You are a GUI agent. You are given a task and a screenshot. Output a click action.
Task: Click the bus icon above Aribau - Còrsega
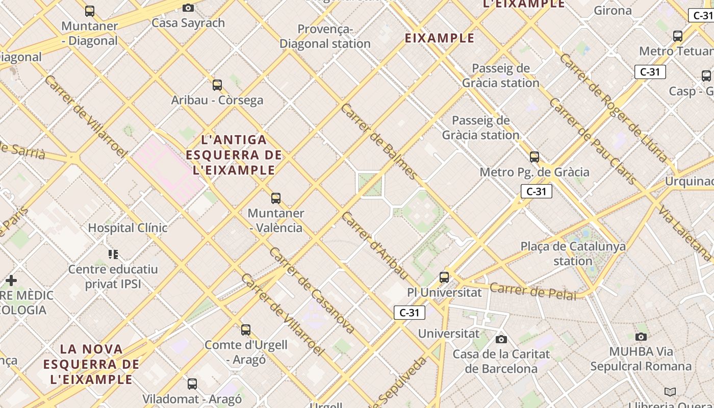(x=217, y=85)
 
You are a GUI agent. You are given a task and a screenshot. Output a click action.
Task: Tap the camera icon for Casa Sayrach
(x=188, y=8)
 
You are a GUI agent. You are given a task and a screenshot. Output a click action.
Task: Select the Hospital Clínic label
(x=127, y=227)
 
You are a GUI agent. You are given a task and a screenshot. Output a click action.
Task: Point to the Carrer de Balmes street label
(x=379, y=142)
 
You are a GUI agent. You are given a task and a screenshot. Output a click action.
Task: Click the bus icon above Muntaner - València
(x=276, y=198)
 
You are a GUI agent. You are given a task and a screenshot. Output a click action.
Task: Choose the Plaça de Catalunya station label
(x=573, y=253)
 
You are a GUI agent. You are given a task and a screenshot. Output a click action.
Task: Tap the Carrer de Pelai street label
(x=532, y=291)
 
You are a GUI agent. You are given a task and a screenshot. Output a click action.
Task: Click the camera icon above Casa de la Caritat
(x=501, y=339)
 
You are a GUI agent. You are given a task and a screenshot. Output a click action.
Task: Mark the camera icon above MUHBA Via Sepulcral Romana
(x=641, y=337)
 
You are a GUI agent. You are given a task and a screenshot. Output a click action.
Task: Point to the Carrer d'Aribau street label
(x=374, y=246)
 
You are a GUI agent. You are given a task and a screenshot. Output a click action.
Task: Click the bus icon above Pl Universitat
(x=444, y=277)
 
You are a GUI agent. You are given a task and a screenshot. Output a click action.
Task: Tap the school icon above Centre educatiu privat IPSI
(x=113, y=254)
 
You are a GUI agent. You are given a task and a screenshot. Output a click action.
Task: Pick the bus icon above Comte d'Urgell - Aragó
(x=246, y=330)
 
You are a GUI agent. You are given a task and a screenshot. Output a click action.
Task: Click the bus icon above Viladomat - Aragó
(x=192, y=384)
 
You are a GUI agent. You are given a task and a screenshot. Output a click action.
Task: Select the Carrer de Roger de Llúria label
(x=613, y=108)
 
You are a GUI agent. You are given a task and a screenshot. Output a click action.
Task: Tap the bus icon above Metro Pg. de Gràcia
(x=534, y=157)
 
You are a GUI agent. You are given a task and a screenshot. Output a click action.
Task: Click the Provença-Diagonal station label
(x=325, y=36)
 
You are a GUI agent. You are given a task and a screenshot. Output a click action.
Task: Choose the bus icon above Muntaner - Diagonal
(x=90, y=11)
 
